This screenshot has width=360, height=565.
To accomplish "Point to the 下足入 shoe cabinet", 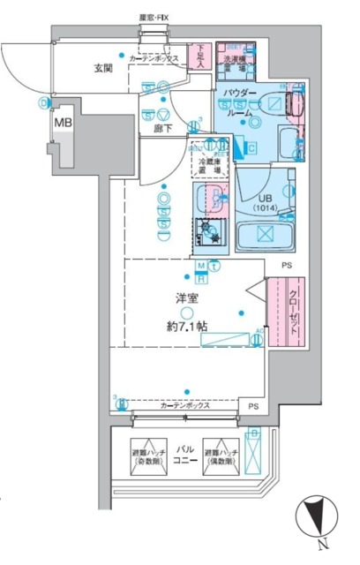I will (x=199, y=58).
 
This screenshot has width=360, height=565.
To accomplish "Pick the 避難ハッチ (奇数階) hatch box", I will (x=148, y=453).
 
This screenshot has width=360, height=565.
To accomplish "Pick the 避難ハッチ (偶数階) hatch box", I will (x=221, y=453).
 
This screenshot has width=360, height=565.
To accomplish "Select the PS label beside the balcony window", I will (x=253, y=406).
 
